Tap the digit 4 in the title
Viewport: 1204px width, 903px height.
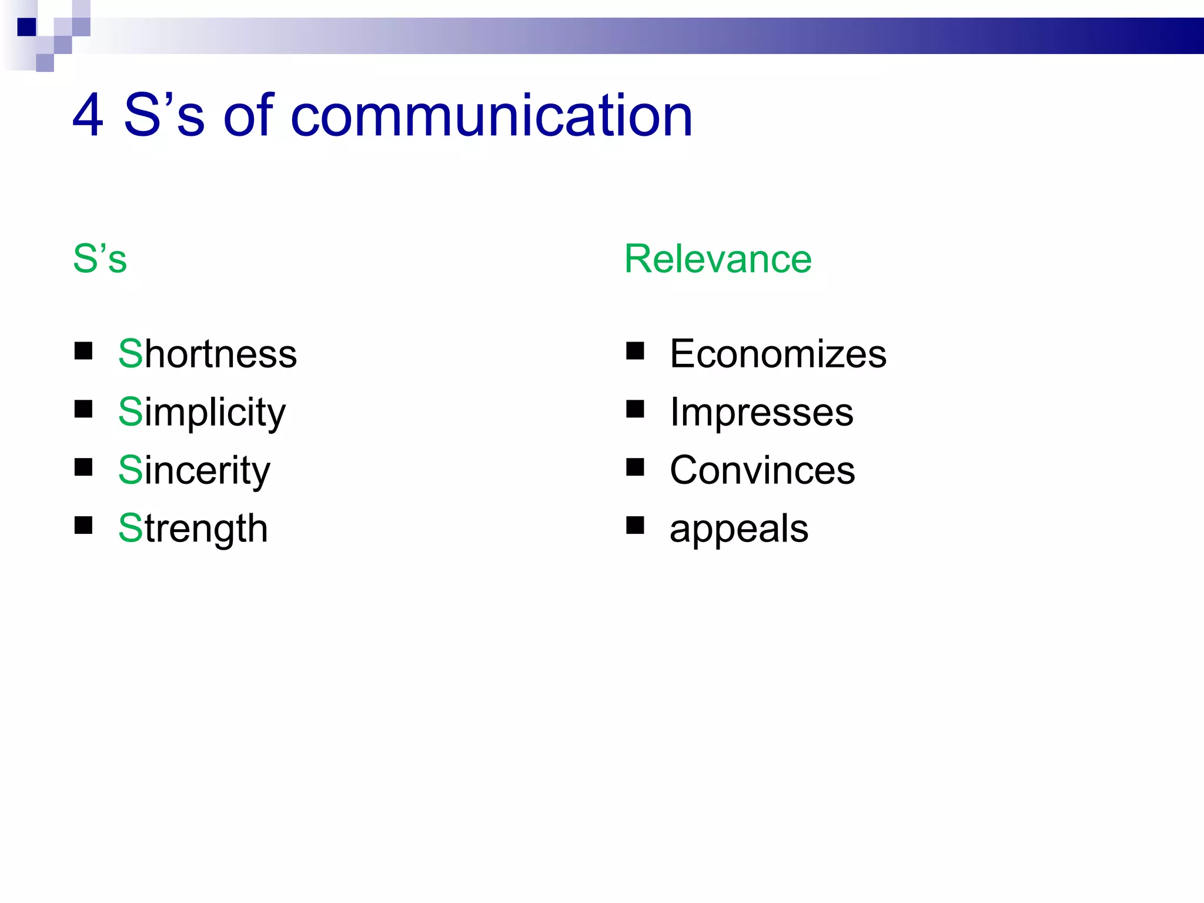point(88,116)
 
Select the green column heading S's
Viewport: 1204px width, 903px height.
point(99,259)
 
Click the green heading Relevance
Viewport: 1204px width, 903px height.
point(718,259)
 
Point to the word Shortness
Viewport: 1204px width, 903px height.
point(208,354)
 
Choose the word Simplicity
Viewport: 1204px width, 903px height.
point(202,413)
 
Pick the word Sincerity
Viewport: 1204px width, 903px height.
point(194,470)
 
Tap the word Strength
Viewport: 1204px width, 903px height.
point(193,528)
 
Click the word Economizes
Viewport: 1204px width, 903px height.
point(778,354)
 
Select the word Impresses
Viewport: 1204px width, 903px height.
point(761,412)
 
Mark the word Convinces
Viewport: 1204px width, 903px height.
point(762,470)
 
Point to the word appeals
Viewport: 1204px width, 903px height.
point(739,529)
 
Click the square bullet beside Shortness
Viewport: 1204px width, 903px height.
point(83,351)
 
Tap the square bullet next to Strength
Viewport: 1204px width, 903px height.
point(83,525)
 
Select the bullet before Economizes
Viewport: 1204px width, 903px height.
point(635,351)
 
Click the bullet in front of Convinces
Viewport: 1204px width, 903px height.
point(635,467)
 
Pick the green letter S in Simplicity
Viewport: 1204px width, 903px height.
point(130,412)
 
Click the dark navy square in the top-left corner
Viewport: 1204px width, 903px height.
point(27,27)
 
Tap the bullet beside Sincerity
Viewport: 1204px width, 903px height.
point(83,467)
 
